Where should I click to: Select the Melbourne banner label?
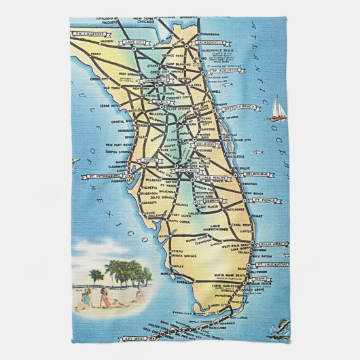[x=253, y=174]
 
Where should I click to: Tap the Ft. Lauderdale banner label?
[x=273, y=264]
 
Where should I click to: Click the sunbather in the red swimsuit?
[x=106, y=297]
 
